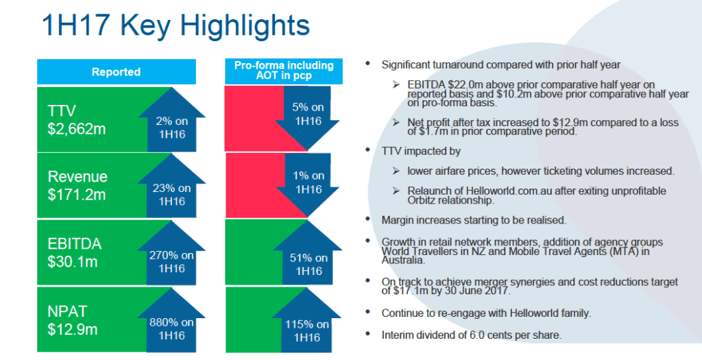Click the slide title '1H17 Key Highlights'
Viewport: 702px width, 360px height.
[x=175, y=25]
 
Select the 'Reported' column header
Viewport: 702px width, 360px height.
[x=116, y=72]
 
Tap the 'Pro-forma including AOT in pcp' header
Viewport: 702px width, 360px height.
[x=284, y=71]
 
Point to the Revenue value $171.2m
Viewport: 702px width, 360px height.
[x=77, y=195]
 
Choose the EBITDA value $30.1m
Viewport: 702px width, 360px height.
[x=72, y=261]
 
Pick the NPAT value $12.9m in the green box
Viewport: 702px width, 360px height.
[x=72, y=328]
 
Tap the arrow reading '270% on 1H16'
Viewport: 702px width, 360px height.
[x=171, y=261]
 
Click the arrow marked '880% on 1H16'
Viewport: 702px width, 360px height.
[x=171, y=328]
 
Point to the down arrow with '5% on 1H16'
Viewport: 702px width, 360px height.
[x=308, y=114]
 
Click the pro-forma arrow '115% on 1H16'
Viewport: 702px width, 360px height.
[x=308, y=331]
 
